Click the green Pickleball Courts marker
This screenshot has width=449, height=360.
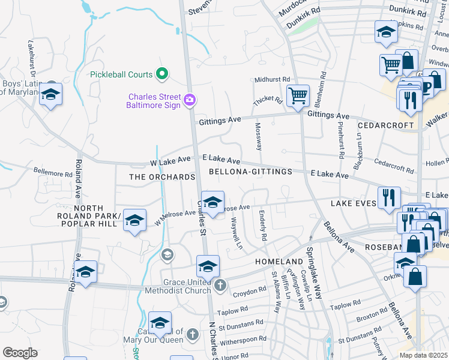[161, 74]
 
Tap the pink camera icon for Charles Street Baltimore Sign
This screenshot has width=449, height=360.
[190, 100]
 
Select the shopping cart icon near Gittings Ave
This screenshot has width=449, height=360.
[298, 95]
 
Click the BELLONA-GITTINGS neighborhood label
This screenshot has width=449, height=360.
[250, 172]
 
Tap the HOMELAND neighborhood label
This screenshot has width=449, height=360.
[279, 262]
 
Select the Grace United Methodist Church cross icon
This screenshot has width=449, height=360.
[220, 285]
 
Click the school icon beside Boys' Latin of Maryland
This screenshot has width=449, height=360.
[51, 94]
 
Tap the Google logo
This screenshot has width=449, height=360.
[20, 353]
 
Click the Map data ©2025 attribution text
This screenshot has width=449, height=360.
[423, 355]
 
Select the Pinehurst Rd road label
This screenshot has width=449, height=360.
[340, 142]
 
